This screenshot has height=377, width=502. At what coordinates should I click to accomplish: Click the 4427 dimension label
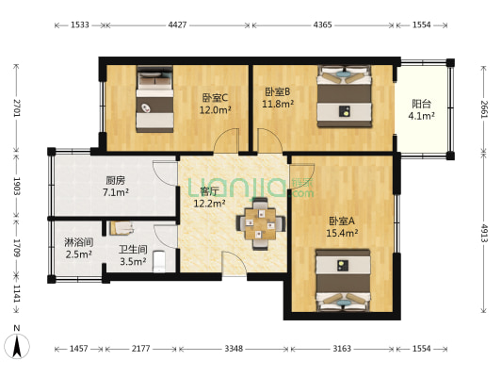click(x=177, y=25)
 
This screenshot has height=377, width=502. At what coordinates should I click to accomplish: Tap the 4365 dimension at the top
click(x=322, y=25)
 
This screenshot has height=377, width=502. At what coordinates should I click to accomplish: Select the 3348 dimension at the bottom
click(x=234, y=349)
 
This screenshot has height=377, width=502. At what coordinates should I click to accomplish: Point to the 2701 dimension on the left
click(x=17, y=108)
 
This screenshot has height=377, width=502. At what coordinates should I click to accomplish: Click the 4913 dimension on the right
click(x=484, y=233)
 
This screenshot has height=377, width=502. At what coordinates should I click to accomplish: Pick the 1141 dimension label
click(x=17, y=294)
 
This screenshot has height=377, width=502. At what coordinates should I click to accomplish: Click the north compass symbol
click(x=17, y=343)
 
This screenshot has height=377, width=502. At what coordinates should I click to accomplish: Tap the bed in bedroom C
click(x=154, y=99)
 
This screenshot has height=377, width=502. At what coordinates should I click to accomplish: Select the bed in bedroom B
click(x=344, y=96)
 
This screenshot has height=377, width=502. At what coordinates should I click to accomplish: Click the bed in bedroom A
click(x=343, y=280)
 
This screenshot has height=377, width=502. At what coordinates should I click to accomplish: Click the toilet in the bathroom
click(x=159, y=261)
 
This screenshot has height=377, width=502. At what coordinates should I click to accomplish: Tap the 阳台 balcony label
click(x=421, y=104)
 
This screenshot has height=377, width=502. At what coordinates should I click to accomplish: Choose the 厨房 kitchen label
click(x=116, y=181)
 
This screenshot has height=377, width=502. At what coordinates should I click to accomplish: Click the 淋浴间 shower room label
click(x=79, y=242)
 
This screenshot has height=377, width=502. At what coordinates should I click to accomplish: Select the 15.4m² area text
click(x=342, y=233)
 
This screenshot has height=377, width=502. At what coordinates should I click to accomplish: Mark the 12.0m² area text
click(x=216, y=110)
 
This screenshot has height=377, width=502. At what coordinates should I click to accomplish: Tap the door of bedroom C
click(x=226, y=140)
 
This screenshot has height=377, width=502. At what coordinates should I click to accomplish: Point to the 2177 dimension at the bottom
click(x=141, y=349)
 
